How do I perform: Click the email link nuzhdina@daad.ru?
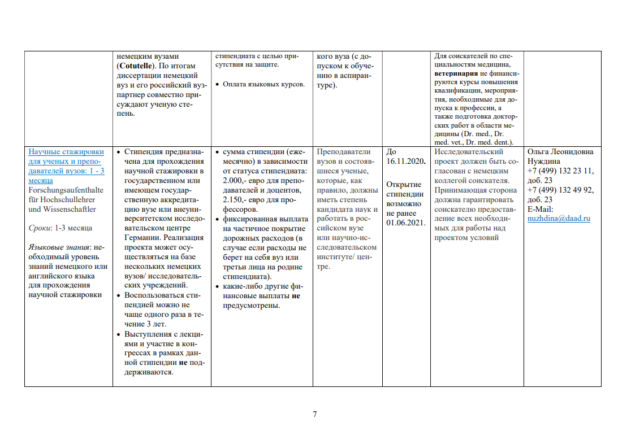click(559, 219)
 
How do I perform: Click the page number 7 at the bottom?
click(315, 415)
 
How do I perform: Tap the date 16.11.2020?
click(405, 162)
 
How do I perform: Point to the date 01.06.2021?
click(406, 223)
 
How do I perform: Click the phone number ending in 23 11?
click(560, 171)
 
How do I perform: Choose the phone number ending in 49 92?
click(560, 190)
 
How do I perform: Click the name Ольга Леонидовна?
click(560, 152)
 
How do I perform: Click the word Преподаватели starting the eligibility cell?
click(344, 152)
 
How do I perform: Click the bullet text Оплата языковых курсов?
click(264, 85)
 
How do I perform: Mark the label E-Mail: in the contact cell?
click(540, 210)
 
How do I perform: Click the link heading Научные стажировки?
click(66, 152)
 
